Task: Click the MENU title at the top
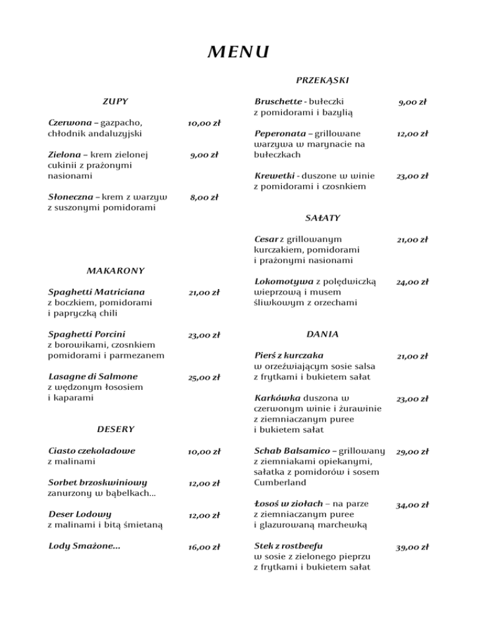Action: coord(238,52)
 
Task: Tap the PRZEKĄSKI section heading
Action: coord(322,80)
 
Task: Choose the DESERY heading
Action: coord(115,428)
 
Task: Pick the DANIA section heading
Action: coord(322,334)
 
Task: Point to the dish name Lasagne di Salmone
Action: coord(93,376)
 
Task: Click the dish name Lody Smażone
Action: coord(84,547)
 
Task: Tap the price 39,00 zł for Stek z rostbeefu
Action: coord(413,547)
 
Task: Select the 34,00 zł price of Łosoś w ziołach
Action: coord(413,505)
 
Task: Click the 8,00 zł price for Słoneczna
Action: coord(204,198)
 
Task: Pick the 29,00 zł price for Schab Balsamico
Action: coord(413,451)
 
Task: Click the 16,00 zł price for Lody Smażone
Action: coord(204,547)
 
